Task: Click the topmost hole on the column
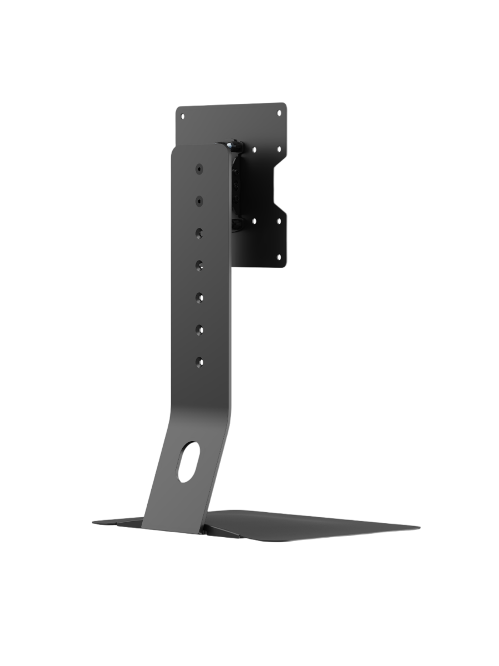(200, 169)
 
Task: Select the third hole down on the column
(200, 232)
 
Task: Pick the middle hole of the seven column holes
(200, 264)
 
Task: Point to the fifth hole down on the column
(200, 297)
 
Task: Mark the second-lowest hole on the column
(200, 329)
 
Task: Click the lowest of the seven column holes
(200, 361)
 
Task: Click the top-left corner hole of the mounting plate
(183, 116)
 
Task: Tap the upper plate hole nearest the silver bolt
(254, 149)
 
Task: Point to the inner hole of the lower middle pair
(254, 220)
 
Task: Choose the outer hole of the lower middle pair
(279, 220)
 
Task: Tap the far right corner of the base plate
(418, 527)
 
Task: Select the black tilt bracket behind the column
(237, 190)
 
